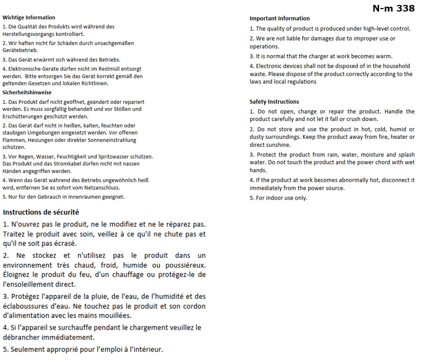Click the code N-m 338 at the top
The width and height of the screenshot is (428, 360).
(x=393, y=8)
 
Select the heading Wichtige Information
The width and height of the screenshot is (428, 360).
(x=29, y=17)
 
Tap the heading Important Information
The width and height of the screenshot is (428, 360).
(x=279, y=19)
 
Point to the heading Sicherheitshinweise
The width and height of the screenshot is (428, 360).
(x=27, y=93)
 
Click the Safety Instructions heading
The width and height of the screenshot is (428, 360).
(x=274, y=102)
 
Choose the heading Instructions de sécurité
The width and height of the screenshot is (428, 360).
(x=41, y=212)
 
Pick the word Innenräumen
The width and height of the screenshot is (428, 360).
(x=84, y=197)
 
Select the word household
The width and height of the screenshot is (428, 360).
(x=396, y=66)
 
